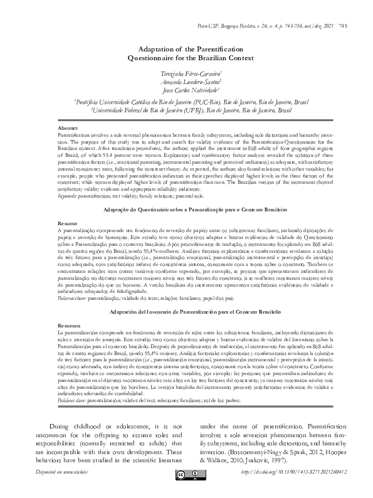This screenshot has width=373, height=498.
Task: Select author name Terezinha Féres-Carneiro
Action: point(186,73)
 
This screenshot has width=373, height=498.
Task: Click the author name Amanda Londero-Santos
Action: point(186,82)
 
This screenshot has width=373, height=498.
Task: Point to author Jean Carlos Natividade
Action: point(186,90)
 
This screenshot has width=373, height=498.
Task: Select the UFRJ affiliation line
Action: point(186,109)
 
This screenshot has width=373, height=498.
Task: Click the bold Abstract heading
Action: point(68,127)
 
